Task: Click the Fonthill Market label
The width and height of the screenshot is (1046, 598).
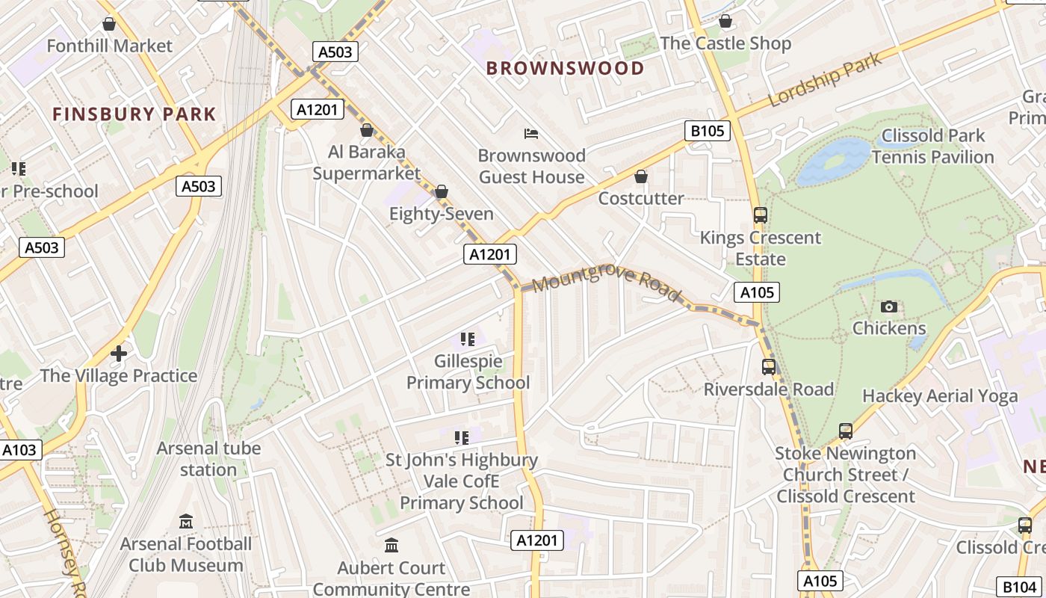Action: (x=109, y=46)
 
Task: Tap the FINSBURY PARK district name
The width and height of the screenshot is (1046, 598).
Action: (x=134, y=114)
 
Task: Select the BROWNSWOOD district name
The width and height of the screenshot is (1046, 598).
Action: (x=565, y=68)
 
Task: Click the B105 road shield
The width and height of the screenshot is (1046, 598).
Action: (x=707, y=132)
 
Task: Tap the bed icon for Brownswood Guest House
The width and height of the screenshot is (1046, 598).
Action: (x=531, y=134)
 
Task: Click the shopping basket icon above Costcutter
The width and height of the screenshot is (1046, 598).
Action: (x=641, y=176)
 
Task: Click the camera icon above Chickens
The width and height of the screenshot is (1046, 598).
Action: (x=888, y=306)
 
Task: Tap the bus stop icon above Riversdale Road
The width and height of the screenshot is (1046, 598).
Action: (x=768, y=367)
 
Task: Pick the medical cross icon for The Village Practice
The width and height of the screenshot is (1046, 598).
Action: (x=119, y=354)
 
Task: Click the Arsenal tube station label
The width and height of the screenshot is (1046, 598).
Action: (x=208, y=459)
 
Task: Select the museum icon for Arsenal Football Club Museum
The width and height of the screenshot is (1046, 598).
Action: (x=186, y=521)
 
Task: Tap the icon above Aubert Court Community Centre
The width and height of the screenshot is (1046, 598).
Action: (x=392, y=546)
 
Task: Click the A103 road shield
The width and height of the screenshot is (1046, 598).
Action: (x=19, y=450)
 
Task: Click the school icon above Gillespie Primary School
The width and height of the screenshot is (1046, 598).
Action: (x=468, y=339)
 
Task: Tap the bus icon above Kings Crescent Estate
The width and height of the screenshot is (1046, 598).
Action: (x=760, y=215)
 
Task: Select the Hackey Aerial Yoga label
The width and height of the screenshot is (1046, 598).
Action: (x=940, y=396)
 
